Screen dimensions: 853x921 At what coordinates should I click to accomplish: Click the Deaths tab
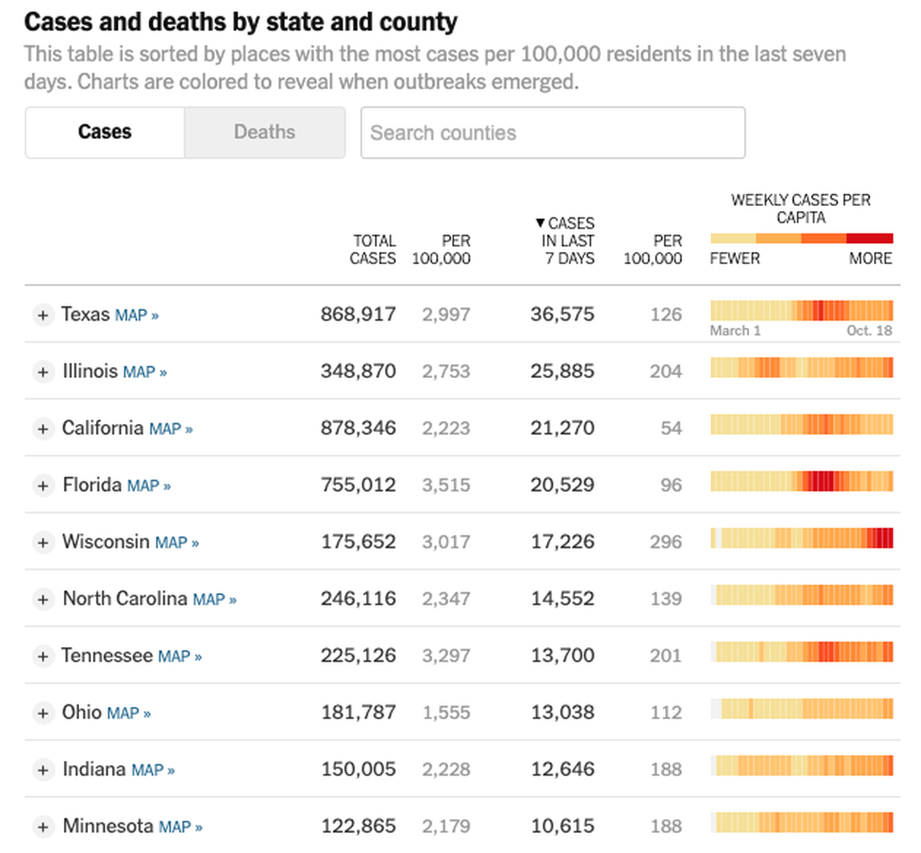pyautogui.click(x=264, y=132)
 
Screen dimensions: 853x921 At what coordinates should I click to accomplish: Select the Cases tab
pyautogui.click(x=105, y=132)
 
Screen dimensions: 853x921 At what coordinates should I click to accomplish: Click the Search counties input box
pyautogui.click(x=553, y=132)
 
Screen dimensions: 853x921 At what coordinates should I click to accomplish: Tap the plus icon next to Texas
pyautogui.click(x=43, y=315)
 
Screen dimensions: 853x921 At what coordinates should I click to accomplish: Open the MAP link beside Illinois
pyautogui.click(x=145, y=372)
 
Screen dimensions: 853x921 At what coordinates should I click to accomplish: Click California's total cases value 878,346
pyautogui.click(x=359, y=428)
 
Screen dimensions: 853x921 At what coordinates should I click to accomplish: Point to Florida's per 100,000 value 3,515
pyautogui.click(x=446, y=485)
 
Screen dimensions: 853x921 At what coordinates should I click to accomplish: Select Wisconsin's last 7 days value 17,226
pyautogui.click(x=562, y=542)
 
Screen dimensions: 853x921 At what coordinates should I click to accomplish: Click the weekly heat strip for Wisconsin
pyautogui.click(x=801, y=539)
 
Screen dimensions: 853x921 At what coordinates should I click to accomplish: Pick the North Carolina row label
pyautogui.click(x=125, y=599)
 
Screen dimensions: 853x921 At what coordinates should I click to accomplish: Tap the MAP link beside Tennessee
pyautogui.click(x=179, y=657)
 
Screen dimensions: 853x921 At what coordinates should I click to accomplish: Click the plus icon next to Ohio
pyautogui.click(x=43, y=713)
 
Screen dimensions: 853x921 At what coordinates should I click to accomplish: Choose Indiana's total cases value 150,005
pyautogui.click(x=359, y=769)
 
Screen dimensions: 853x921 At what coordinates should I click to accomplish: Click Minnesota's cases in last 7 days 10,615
pyautogui.click(x=562, y=826)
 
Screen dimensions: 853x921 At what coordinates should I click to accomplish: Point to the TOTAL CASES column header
pyautogui.click(x=373, y=250)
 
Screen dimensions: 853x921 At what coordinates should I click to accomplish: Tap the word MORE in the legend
pyautogui.click(x=870, y=258)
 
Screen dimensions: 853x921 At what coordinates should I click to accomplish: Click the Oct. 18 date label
pyautogui.click(x=869, y=330)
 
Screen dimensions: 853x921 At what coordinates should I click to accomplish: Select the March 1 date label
pyautogui.click(x=735, y=330)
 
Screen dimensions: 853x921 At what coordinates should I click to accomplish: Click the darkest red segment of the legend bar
pyautogui.click(x=870, y=239)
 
